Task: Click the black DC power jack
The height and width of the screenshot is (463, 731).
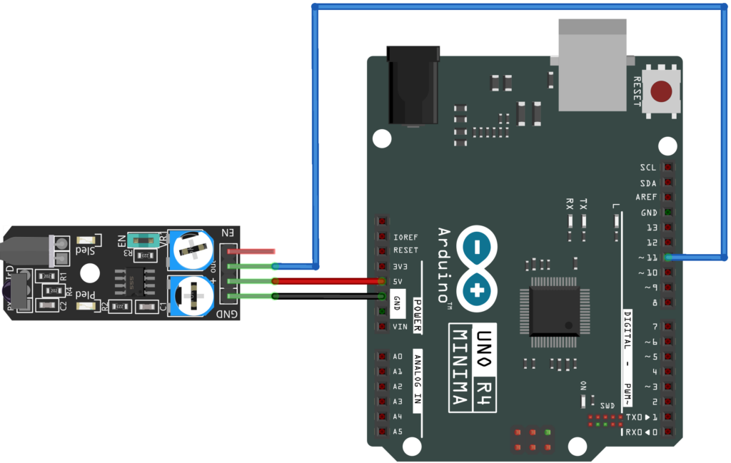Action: (x=412, y=85)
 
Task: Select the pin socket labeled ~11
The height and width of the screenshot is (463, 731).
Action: (x=668, y=258)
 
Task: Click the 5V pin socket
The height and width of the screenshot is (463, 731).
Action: (x=383, y=281)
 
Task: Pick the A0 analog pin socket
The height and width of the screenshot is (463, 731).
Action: (x=383, y=357)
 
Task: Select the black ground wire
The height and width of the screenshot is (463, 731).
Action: (x=328, y=296)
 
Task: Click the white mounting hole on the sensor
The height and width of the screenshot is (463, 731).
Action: (x=91, y=273)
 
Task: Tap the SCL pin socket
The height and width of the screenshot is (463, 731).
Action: (x=668, y=168)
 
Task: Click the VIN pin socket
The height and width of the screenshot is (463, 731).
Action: (x=383, y=327)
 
